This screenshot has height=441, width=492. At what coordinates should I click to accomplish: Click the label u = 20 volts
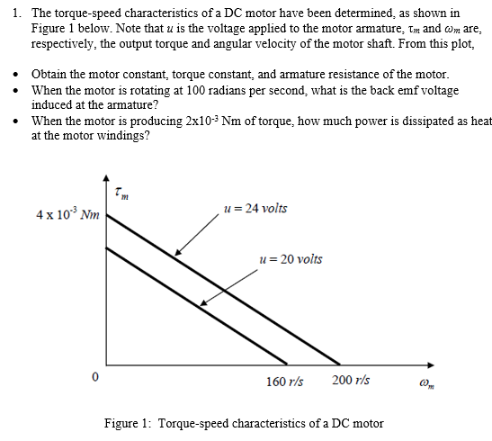(290, 259)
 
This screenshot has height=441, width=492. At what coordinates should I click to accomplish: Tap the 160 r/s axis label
(284, 381)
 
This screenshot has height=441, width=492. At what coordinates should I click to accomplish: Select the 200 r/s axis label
(350, 381)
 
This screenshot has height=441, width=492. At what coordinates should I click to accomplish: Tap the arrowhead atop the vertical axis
(106, 179)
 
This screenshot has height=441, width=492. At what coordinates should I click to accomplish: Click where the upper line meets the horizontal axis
(341, 364)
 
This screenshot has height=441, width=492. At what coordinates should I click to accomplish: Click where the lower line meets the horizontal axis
(291, 364)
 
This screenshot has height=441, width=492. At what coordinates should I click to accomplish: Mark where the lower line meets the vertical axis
(106, 245)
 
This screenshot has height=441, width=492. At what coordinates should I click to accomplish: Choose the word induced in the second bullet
(53, 104)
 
